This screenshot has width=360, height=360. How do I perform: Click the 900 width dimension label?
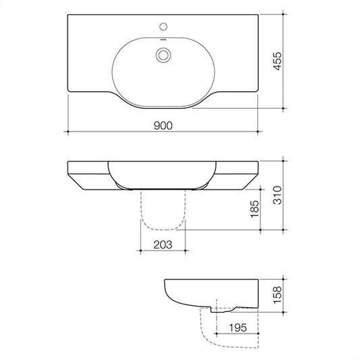(x=163, y=126)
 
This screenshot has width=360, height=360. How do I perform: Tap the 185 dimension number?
(x=255, y=209)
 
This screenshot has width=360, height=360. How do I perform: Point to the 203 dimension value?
(x=163, y=245)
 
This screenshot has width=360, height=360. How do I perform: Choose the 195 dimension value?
(x=238, y=328)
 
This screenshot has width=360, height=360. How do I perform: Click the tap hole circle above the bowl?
(x=163, y=26)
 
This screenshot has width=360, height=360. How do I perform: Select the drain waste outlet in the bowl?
(x=163, y=55)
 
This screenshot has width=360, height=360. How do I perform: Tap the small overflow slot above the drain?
(x=163, y=39)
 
